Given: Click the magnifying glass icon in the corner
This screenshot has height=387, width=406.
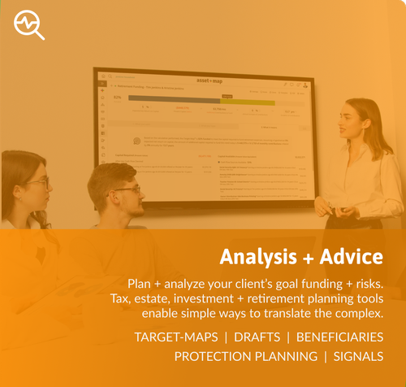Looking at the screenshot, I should pos(29,25).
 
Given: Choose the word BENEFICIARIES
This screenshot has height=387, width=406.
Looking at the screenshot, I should pos(339,337).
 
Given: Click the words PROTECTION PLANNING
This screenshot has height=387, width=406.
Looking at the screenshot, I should pos(246,356).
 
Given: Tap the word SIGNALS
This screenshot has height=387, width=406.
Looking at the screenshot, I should pos(358,356).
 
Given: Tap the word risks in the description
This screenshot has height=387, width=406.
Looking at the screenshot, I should pos(362,283).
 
